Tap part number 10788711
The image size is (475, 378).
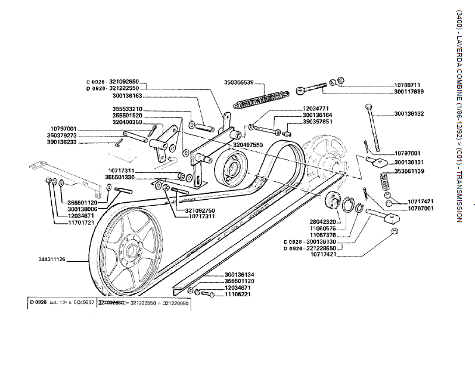[x=407, y=85]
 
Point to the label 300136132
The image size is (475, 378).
[x=409, y=113]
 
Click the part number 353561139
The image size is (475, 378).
[x=409, y=172]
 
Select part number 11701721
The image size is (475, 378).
[x=81, y=222]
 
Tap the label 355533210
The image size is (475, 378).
[x=127, y=109]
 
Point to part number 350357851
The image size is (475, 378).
[x=318, y=122]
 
